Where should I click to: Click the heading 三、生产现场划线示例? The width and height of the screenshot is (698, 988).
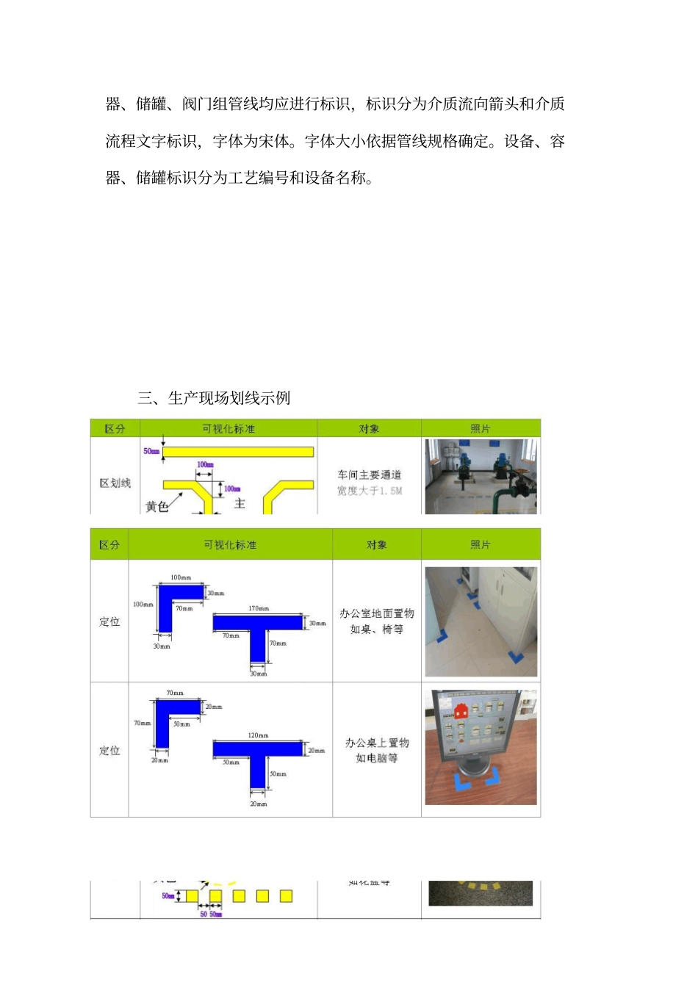click(214, 398)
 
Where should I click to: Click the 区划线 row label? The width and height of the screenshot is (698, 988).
click(115, 483)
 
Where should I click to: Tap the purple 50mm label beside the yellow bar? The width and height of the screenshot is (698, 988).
click(151, 451)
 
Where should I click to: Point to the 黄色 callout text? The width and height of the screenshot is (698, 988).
click(156, 506)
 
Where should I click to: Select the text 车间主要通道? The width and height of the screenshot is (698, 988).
click(369, 475)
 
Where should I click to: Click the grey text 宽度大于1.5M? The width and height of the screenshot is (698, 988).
click(370, 491)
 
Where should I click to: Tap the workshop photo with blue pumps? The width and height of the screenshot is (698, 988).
click(481, 476)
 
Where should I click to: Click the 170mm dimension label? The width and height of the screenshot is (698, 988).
click(259, 608)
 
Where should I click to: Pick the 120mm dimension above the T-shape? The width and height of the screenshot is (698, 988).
click(258, 735)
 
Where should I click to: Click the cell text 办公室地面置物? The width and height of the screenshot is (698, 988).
click(376, 613)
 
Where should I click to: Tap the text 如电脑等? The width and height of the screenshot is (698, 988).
click(376, 758)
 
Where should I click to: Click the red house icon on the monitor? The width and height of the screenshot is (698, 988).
click(461, 710)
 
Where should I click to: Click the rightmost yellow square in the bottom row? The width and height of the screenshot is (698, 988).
click(287, 895)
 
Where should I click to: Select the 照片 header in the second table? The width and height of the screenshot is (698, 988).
click(481, 544)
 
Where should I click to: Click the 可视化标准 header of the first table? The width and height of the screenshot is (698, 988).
click(229, 428)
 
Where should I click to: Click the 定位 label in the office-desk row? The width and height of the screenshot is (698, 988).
click(109, 750)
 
